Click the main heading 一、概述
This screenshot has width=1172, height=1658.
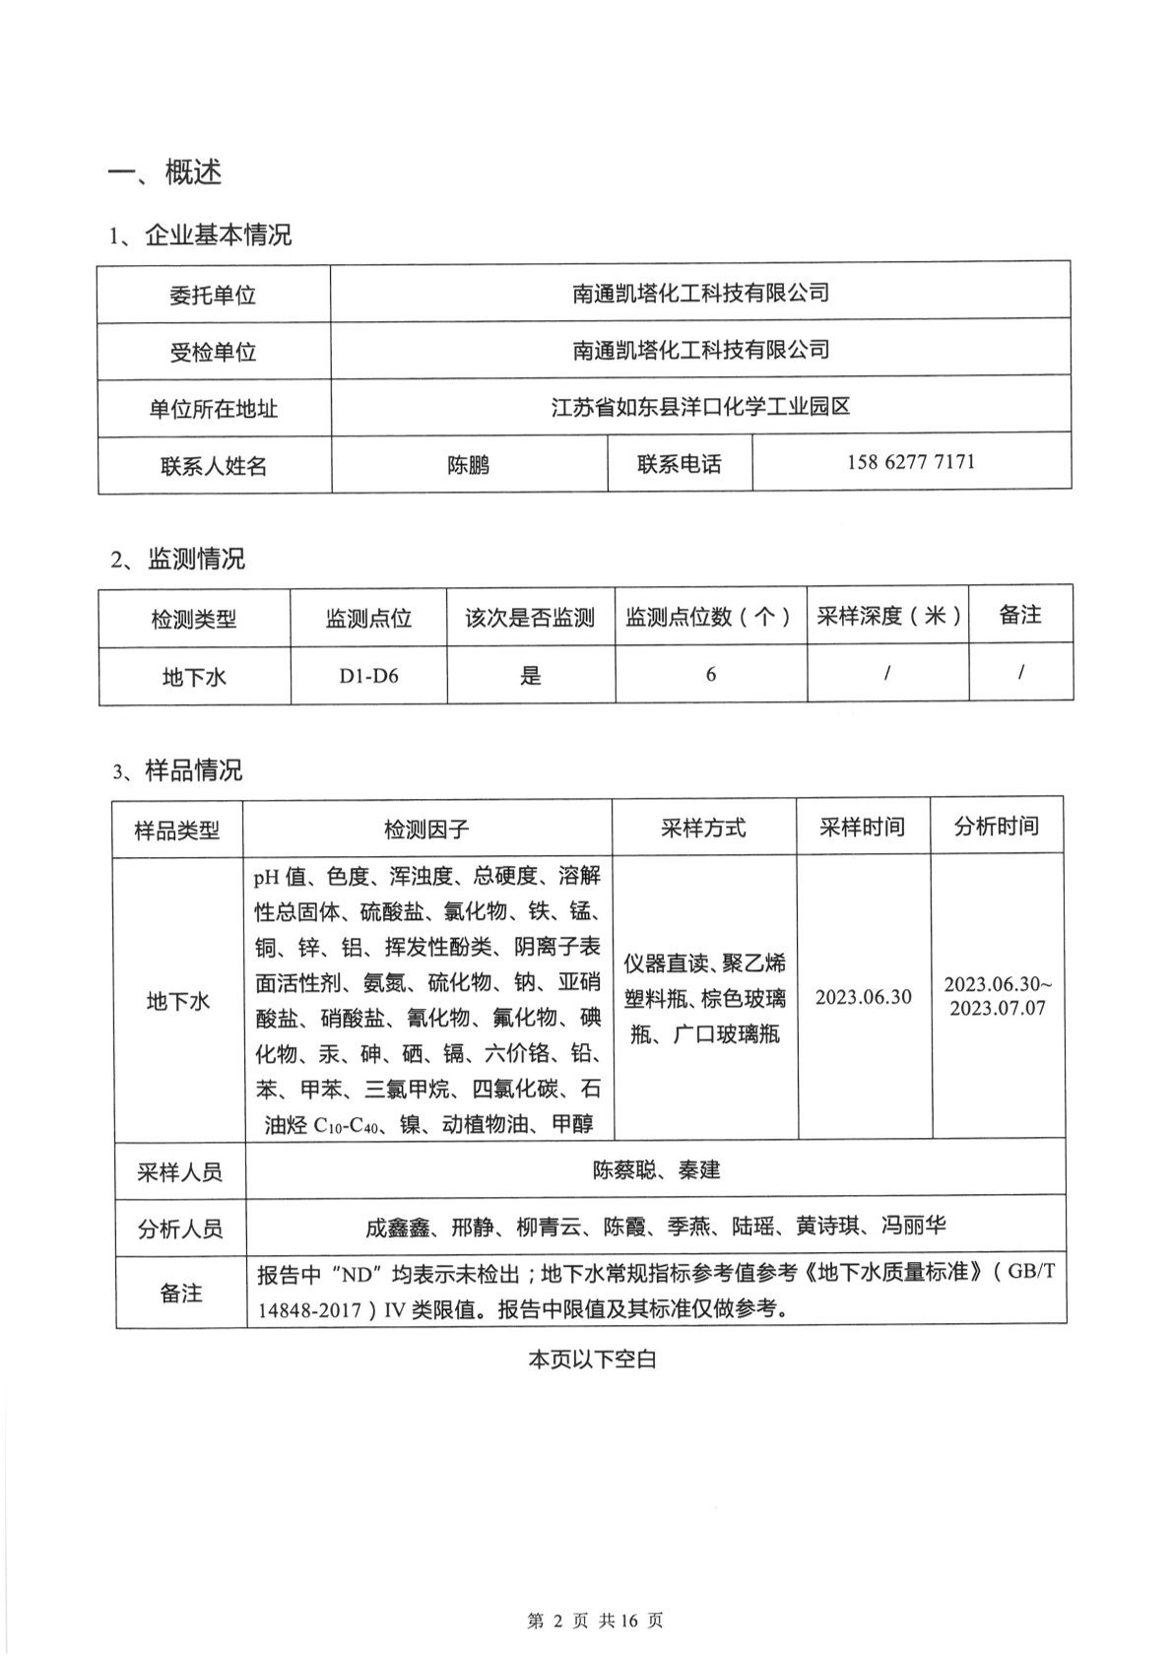pos(164,172)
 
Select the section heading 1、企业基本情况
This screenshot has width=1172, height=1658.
pos(200,235)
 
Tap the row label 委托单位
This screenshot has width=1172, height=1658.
pos(213,295)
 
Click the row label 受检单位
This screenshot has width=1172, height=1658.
pos(213,352)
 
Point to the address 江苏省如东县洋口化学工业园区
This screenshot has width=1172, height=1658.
pos(700,406)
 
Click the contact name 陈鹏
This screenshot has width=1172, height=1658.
pos(468,465)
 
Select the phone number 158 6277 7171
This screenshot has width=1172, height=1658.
pos(910,462)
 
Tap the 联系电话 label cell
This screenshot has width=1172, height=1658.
pos(679,464)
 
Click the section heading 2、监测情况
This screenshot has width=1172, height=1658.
pos(177,560)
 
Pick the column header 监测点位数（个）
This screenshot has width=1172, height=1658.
pos(709,618)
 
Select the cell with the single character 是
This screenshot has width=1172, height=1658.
pos(530,676)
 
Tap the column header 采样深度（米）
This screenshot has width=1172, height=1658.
pos(887,616)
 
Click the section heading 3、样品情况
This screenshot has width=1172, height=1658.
pos(177,770)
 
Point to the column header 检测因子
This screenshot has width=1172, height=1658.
pos(426,829)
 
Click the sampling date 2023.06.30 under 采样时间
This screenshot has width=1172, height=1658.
pos(863,997)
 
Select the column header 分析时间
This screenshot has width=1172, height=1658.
pos(996,826)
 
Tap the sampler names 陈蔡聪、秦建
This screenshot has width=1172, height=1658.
pos(656,1170)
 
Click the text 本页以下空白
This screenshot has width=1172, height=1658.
pos(592,1360)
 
